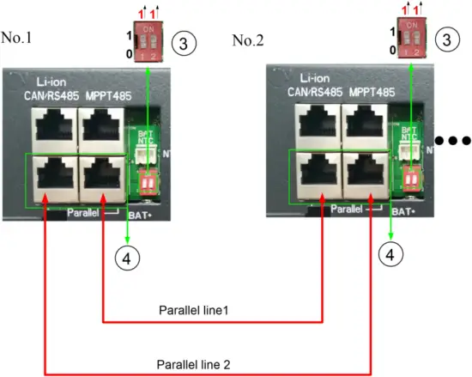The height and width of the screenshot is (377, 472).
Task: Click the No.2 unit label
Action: click(249, 40)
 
